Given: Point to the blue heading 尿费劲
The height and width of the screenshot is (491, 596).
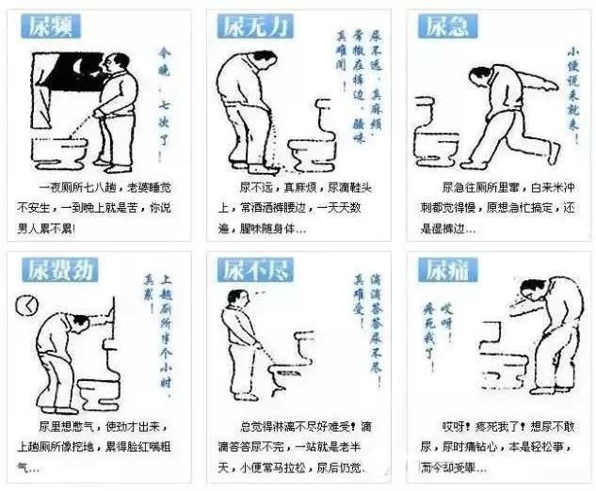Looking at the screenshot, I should pyautogui.click(x=59, y=271).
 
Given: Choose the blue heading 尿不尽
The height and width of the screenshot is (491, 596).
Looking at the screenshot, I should pyautogui.click(x=257, y=271).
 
